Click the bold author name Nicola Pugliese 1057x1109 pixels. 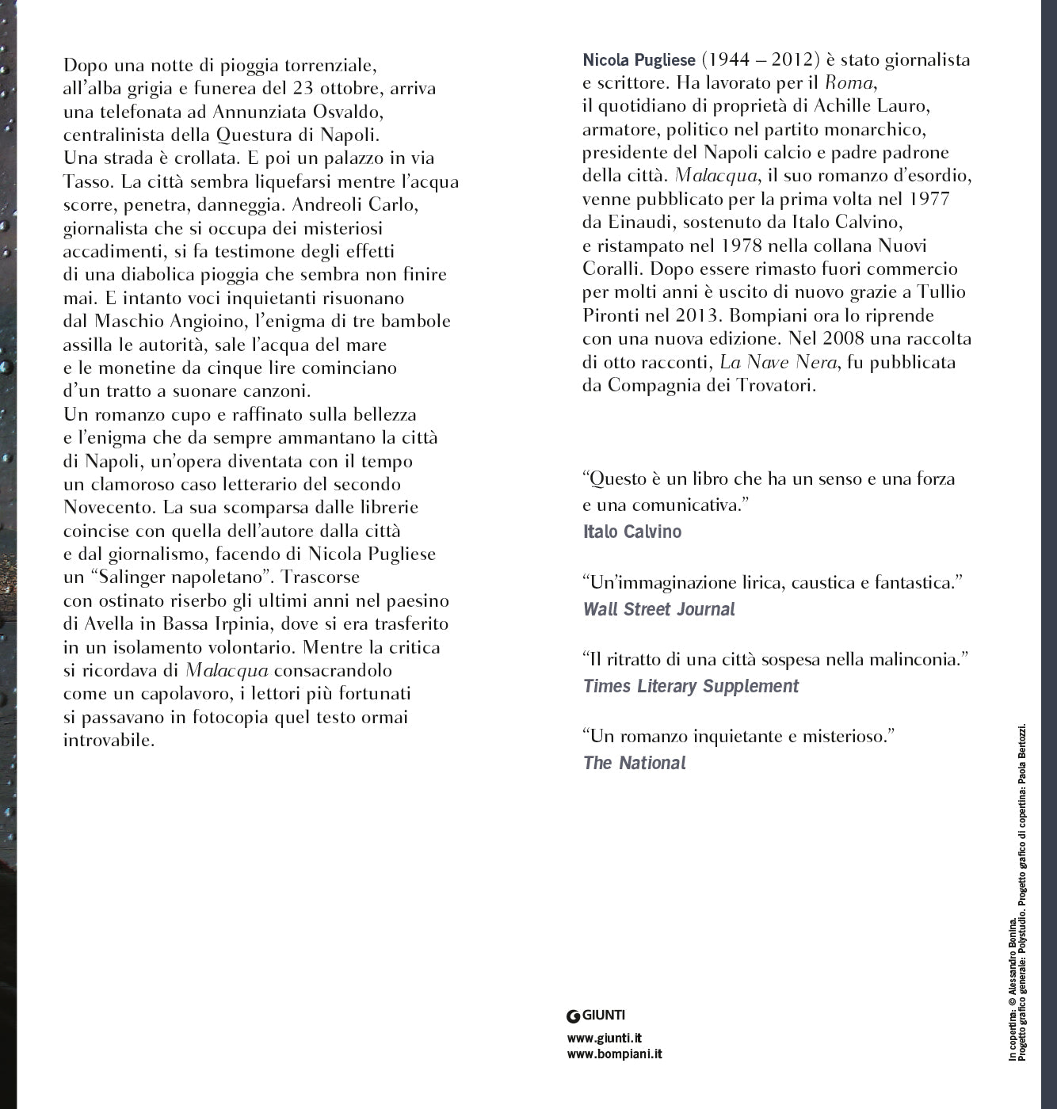click(x=639, y=60)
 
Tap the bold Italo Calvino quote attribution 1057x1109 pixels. click(x=632, y=532)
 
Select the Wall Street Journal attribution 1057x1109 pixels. click(x=658, y=610)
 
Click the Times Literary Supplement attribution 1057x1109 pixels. click(x=690, y=687)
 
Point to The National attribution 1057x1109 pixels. click(x=634, y=764)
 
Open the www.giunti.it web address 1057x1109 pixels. click(x=605, y=1038)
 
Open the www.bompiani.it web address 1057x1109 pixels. click(x=614, y=1054)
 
